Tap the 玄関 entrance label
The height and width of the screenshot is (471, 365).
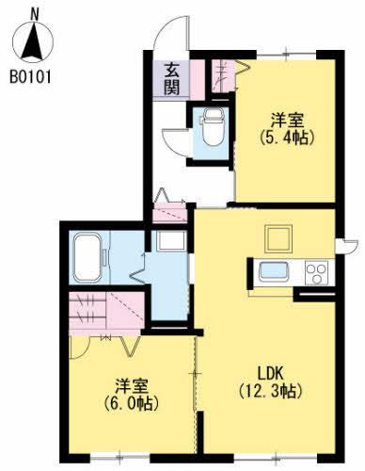(x=172, y=79)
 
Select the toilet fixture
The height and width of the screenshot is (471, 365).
(x=212, y=124)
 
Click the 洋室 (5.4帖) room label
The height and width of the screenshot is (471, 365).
(x=286, y=128)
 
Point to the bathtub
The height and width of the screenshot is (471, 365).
(x=92, y=256)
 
